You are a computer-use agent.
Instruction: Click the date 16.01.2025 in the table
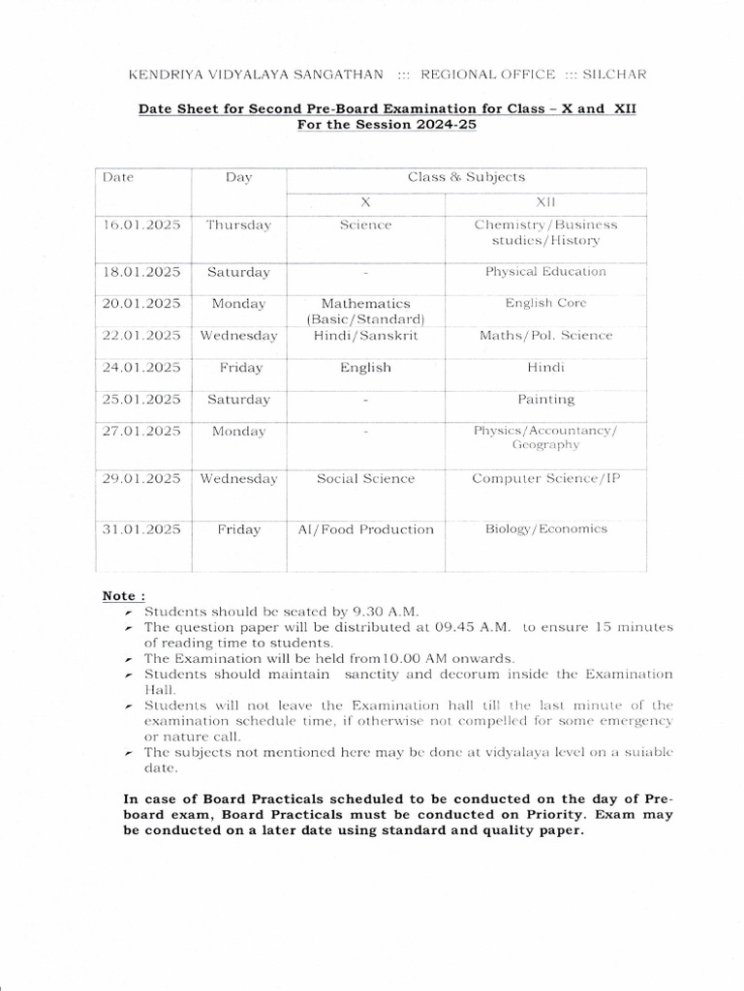[x=141, y=225]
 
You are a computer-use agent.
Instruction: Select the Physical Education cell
[x=545, y=272]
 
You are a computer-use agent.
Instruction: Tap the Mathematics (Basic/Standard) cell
[x=365, y=311]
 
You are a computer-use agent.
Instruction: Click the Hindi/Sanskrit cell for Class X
[x=365, y=336]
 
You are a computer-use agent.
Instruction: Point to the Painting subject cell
[x=545, y=399]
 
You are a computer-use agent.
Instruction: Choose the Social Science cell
[x=365, y=479]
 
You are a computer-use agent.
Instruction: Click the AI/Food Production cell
[x=365, y=529]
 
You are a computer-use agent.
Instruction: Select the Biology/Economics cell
[x=545, y=529]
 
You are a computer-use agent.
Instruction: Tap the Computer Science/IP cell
[x=545, y=479]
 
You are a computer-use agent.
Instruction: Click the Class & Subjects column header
[x=466, y=177]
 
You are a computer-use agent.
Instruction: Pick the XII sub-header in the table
[x=545, y=202]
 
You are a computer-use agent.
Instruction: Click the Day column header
[x=238, y=178]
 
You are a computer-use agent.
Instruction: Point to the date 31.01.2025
[x=141, y=529]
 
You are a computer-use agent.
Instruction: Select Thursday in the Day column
[x=238, y=225]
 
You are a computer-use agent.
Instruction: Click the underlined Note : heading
[x=123, y=595]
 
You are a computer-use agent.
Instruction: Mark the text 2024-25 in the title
[x=440, y=126]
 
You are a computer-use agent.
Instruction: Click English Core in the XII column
[x=545, y=303]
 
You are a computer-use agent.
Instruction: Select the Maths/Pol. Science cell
[x=545, y=336]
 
